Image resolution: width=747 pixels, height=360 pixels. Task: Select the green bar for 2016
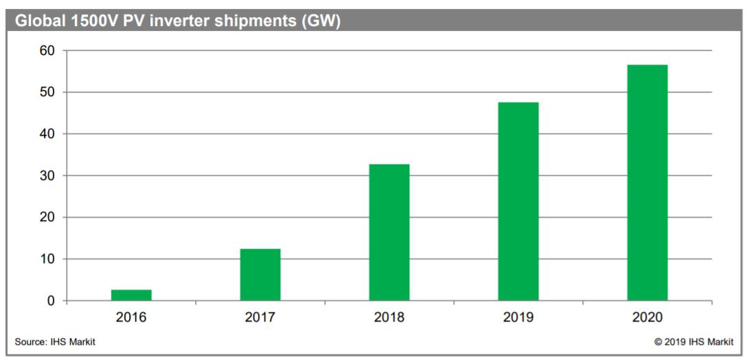(131, 295)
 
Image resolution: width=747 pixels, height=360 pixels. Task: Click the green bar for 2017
(260, 275)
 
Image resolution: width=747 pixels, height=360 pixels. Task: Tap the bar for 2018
(389, 232)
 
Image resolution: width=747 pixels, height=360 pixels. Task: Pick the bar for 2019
(518, 201)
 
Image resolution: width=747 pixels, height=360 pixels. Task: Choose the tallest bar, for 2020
(647, 183)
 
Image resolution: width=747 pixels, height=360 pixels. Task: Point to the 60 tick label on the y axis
(47, 51)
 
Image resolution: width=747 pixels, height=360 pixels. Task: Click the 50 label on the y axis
(47, 92)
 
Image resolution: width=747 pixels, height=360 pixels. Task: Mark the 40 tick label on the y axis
(47, 134)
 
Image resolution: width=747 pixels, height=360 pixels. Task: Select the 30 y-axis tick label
(47, 176)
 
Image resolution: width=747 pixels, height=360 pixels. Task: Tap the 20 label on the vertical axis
(47, 218)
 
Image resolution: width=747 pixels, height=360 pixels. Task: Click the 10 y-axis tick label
(47, 260)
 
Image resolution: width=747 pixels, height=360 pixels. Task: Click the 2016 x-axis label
(131, 317)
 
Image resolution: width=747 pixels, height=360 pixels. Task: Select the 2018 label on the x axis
(389, 317)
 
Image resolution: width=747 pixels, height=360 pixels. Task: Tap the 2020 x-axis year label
(647, 317)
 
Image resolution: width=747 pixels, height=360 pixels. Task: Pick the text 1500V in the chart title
(89, 21)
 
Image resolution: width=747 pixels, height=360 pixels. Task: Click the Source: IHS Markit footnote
(55, 341)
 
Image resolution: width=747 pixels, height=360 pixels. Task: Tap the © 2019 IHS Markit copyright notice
(693, 341)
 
